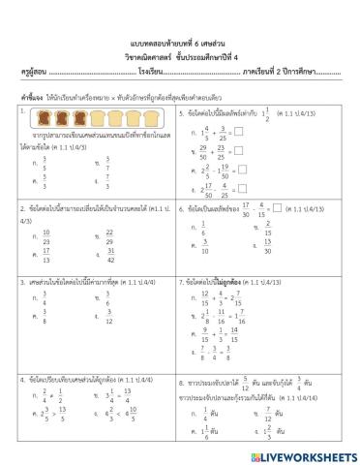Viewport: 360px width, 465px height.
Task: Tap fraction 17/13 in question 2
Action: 46,258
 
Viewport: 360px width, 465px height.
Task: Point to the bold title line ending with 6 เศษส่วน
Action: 180,45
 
